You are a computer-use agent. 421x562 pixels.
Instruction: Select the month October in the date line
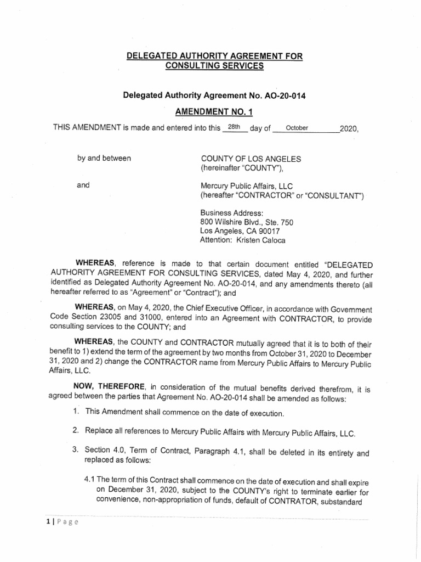(298, 128)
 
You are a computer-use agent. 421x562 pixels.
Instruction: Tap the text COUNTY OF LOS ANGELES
(251, 159)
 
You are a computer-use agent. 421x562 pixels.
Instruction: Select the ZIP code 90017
(272, 231)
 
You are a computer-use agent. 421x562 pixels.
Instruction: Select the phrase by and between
(104, 159)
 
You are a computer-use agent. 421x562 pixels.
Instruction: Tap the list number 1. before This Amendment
(76, 413)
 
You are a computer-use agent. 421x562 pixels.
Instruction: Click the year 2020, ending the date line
(349, 129)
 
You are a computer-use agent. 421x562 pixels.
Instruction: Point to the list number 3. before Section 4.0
(76, 449)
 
